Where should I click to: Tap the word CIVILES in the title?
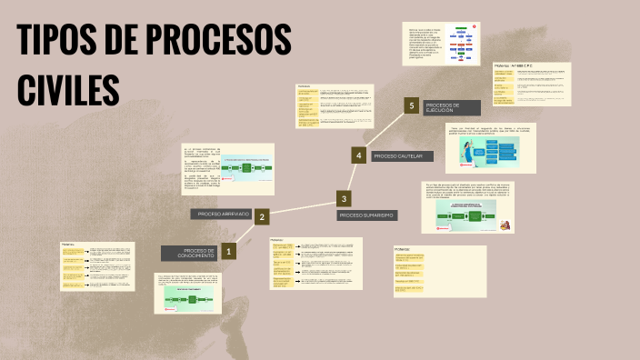[x=69, y=89]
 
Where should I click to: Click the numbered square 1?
[x=228, y=252]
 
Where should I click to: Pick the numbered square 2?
[x=261, y=216]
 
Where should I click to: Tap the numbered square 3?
[x=344, y=198]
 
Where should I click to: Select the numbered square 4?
[x=359, y=155]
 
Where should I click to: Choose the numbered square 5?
[x=412, y=106]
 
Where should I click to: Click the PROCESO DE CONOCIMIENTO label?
[x=189, y=253]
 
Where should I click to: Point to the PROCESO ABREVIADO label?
[x=223, y=214]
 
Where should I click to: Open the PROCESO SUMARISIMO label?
[x=366, y=215]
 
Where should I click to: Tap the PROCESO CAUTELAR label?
[x=401, y=156]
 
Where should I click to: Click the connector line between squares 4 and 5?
[x=385, y=131]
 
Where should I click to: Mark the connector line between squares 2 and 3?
[x=302, y=207]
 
